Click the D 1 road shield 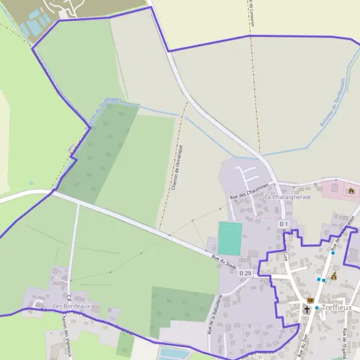click(x=284, y=224)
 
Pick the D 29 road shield click(x=245, y=274)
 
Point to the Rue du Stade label click(x=224, y=262)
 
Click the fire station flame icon click(x=351, y=191)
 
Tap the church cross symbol click(x=307, y=310)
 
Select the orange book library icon click(x=310, y=300)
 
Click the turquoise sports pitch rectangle click(x=230, y=238)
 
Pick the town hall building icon click(x=334, y=276)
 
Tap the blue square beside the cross click(x=317, y=308)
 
